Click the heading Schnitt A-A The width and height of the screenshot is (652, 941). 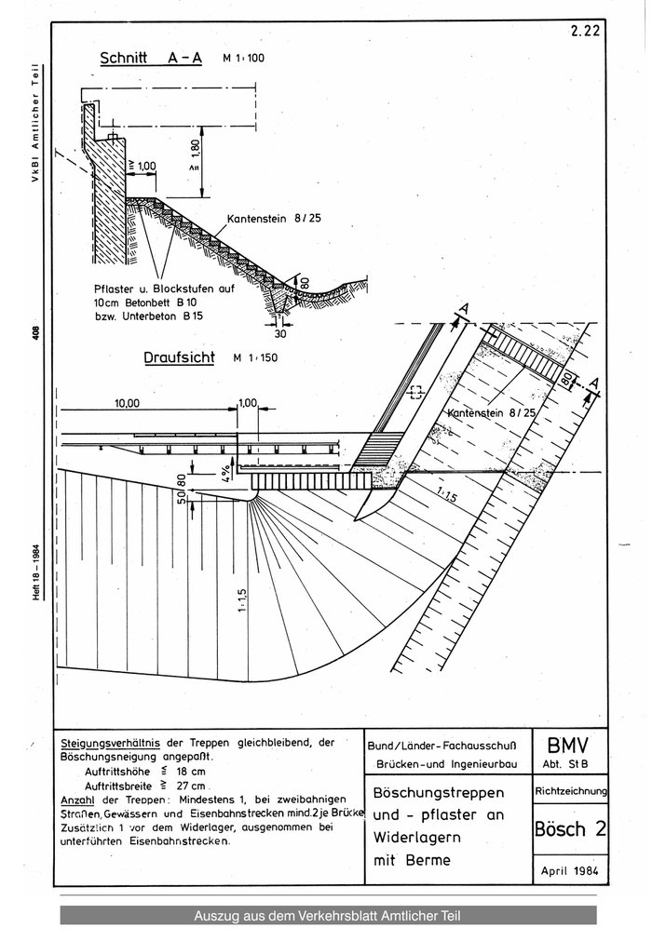(x=151, y=59)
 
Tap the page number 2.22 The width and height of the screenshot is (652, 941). (x=585, y=32)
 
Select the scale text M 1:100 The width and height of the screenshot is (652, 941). (x=243, y=59)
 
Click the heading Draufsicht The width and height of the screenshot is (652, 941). (x=179, y=357)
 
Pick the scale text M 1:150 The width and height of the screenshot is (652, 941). (x=255, y=357)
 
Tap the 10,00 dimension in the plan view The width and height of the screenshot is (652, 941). (x=127, y=403)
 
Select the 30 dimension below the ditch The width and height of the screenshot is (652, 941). (x=280, y=333)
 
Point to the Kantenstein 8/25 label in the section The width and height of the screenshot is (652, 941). (x=274, y=219)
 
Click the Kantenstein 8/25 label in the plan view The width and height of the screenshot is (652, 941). (x=491, y=413)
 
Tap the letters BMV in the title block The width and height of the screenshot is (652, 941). (x=568, y=746)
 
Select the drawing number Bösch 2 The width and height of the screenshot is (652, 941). (x=570, y=828)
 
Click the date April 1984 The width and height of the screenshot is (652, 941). (x=570, y=871)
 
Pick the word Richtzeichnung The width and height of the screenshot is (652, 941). (x=571, y=791)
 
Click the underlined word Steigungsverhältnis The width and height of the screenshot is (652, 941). (x=111, y=743)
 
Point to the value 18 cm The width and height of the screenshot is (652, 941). (x=191, y=772)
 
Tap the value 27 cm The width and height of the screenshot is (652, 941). (x=191, y=786)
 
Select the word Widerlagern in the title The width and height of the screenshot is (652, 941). (x=416, y=837)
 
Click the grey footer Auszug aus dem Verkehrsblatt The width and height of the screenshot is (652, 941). (x=327, y=916)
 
